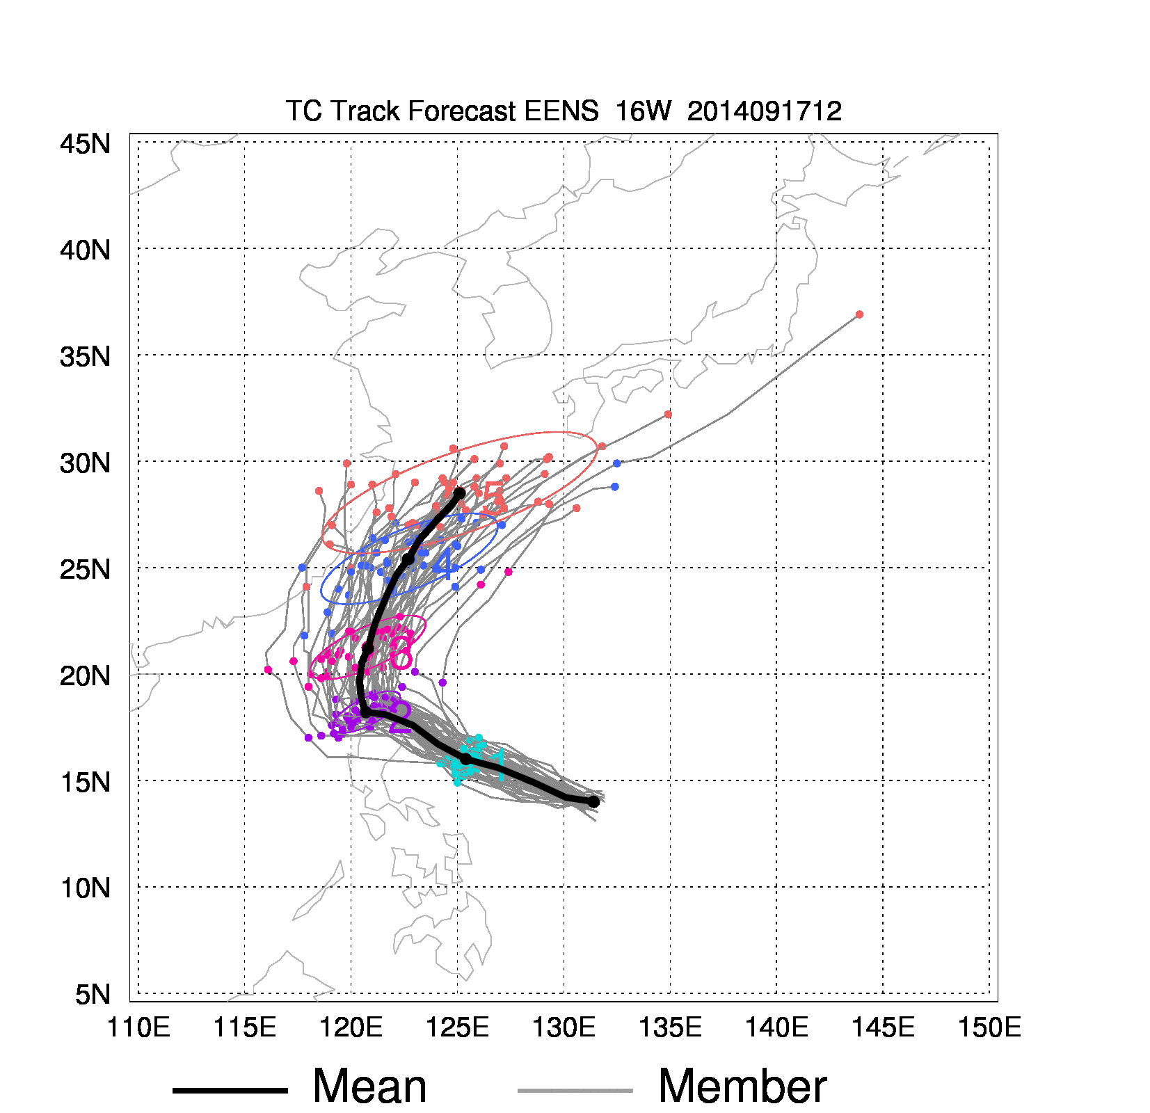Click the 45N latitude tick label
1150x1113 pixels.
point(85,144)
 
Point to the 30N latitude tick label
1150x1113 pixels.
point(85,463)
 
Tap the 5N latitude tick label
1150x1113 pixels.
point(93,994)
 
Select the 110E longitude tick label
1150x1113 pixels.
point(138,1027)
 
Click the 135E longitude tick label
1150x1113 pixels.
point(670,1027)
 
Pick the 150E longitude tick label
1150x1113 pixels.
point(989,1027)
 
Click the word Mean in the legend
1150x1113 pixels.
point(369,1087)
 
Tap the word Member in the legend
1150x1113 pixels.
point(742,1087)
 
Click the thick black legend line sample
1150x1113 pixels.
point(230,1090)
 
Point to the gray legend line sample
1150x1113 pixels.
point(575,1090)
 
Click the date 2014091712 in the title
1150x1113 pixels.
point(764,111)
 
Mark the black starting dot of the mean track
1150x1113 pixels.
point(593,802)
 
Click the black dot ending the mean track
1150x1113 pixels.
point(459,493)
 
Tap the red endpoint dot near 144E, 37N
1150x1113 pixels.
point(859,314)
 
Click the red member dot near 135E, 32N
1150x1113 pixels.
point(668,415)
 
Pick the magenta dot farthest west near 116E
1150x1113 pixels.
point(268,670)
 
